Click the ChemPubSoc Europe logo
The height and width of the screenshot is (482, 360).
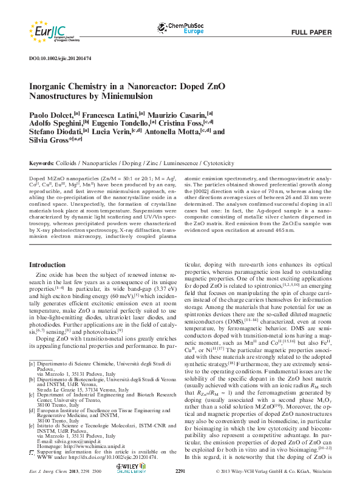pyautogui.click(x=181, y=27)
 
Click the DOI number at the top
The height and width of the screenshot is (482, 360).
pyautogui.click(x=60, y=58)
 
